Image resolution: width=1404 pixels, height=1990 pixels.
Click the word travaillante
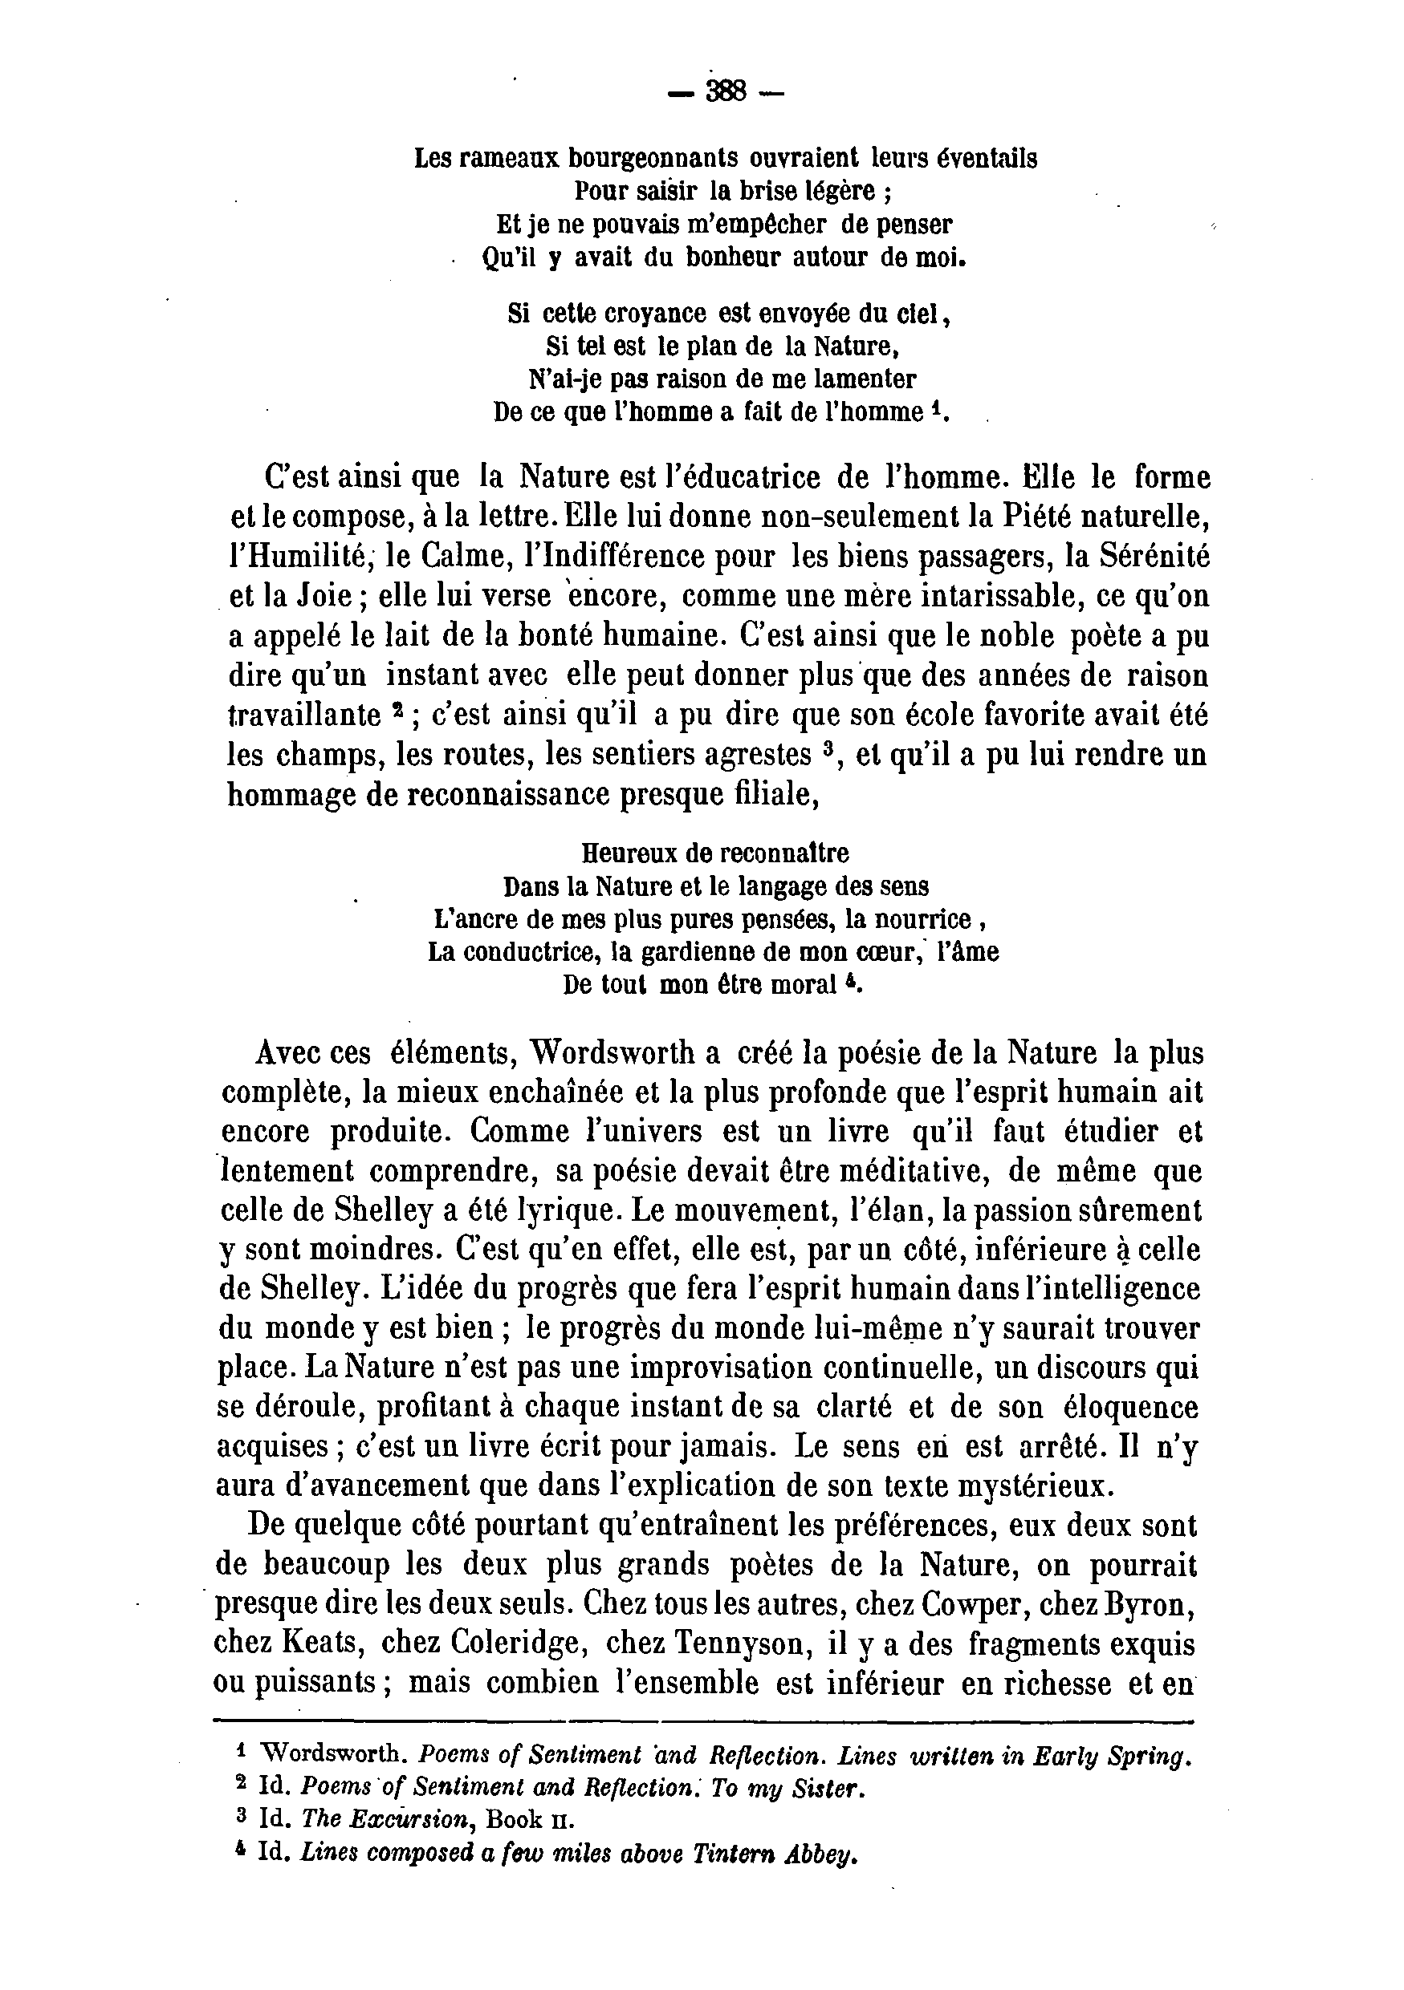click(x=304, y=715)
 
